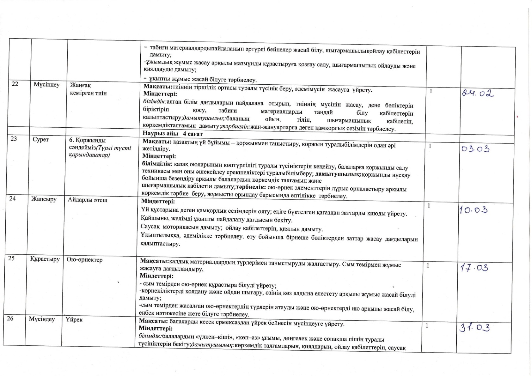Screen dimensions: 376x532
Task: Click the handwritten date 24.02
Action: pyautogui.click(x=478, y=94)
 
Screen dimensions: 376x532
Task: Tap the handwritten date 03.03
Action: pyautogui.click(x=475, y=148)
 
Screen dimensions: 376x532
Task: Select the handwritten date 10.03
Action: pyautogui.click(x=474, y=210)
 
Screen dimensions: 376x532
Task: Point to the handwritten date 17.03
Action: pyautogui.click(x=474, y=268)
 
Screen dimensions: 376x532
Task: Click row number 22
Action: pyautogui.click(x=15, y=84)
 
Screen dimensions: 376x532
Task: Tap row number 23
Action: pyautogui.click(x=14, y=138)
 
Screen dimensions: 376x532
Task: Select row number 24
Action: pyautogui.click(x=12, y=198)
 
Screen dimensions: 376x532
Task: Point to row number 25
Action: pyautogui.click(x=11, y=258)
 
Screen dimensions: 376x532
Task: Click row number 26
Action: pyautogui.click(x=10, y=318)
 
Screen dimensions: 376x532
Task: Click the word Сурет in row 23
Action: pyautogui.click(x=40, y=139)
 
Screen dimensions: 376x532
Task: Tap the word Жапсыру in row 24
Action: pyautogui.click(x=44, y=199)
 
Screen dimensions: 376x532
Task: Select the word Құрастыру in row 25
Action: pyautogui.click(x=45, y=259)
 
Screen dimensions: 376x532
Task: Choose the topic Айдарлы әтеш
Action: pyautogui.click(x=88, y=200)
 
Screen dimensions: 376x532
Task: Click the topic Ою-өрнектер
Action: pyautogui.click(x=84, y=260)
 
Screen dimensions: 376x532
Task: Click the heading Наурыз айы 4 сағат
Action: pyautogui.click(x=173, y=134)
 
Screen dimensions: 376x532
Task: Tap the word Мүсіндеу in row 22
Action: pyautogui.click(x=46, y=85)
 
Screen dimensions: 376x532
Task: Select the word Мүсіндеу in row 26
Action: pyautogui.click(x=42, y=319)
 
